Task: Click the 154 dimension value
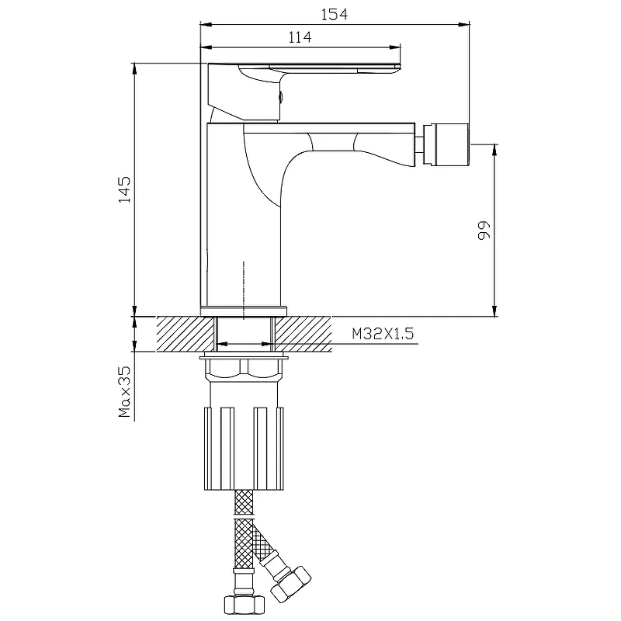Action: coord(335,14)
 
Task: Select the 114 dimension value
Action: coord(300,37)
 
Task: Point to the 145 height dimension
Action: coord(124,189)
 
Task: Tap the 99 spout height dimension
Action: coord(484,230)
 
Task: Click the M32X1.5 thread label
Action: coord(383,334)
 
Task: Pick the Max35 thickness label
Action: coord(124,391)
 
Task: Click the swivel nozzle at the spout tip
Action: coord(446,144)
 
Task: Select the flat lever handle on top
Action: coord(304,71)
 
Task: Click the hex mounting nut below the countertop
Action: coord(243,368)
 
